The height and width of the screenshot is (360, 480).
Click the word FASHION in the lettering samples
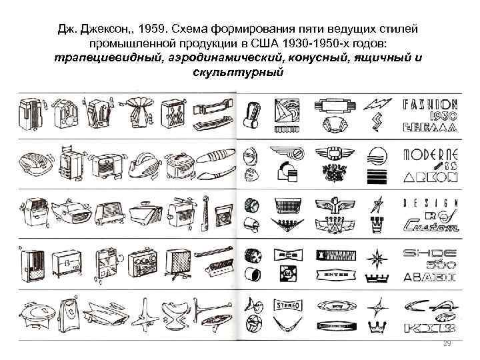click(x=430, y=105)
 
